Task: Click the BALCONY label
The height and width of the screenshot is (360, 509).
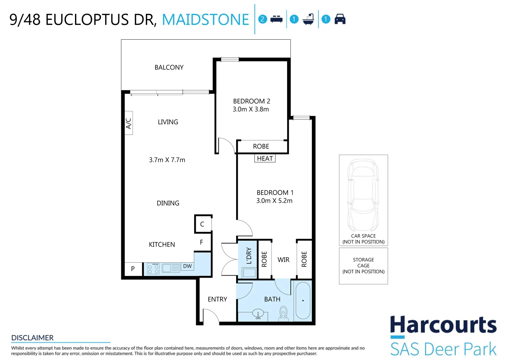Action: [169, 68]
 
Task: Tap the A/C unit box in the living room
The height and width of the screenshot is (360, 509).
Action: [129, 123]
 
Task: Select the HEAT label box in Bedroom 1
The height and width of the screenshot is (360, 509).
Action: [265, 158]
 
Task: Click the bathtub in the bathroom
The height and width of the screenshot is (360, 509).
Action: [303, 300]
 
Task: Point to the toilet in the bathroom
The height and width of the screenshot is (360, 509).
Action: [283, 314]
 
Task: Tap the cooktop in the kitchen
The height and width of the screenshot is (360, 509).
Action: [153, 269]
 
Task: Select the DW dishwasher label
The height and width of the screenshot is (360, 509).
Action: [188, 266]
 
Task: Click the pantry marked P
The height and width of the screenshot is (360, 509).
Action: [133, 269]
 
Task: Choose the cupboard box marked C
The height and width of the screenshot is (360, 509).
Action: [203, 224]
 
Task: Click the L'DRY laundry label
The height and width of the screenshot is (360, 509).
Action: [249, 256]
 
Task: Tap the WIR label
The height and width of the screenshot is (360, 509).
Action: [283, 260]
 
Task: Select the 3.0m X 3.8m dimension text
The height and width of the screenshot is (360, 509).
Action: [251, 109]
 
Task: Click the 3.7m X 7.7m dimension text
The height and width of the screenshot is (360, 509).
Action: [167, 160]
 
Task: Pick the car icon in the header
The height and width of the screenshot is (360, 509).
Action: [340, 19]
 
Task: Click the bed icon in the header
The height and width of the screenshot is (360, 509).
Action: [276, 19]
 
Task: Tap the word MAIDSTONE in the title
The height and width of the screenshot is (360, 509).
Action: [206, 20]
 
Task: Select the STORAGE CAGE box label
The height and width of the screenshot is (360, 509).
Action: [363, 263]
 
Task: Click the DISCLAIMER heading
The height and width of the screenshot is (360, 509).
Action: [33, 338]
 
